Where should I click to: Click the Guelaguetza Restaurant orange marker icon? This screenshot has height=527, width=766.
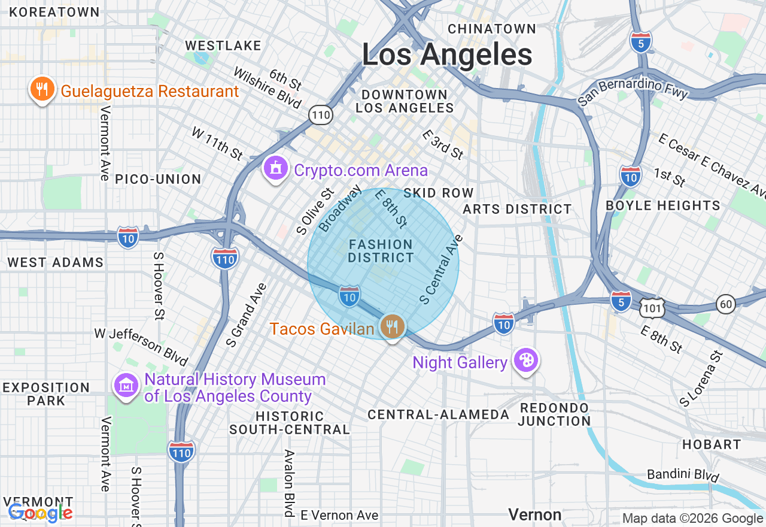[41, 90]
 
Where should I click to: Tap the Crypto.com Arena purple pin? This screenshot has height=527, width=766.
[275, 168]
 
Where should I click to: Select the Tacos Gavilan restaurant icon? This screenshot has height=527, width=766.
[392, 326]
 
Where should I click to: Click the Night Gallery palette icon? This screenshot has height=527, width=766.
[527, 361]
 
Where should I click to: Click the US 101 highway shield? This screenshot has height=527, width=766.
[651, 308]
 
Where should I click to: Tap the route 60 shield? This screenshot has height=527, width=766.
[727, 304]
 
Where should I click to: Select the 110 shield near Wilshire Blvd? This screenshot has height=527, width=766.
[321, 114]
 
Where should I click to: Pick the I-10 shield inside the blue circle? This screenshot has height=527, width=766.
[349, 296]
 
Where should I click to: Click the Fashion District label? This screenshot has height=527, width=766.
[381, 251]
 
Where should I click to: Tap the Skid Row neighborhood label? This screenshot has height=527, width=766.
[439, 193]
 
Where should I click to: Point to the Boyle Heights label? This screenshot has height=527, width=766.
[663, 205]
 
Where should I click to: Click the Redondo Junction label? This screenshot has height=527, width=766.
[554, 414]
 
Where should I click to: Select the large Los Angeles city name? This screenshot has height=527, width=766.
[447, 55]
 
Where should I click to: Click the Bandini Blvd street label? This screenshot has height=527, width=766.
[683, 475]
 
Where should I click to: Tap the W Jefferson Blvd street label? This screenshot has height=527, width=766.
[141, 346]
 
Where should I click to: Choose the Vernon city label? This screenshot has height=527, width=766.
[534, 514]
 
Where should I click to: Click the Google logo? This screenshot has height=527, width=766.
[39, 513]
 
